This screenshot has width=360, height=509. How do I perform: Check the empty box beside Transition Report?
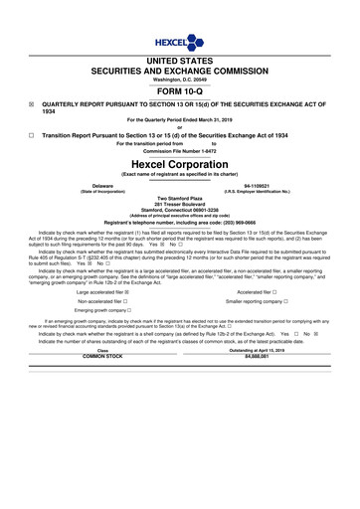coord(31,132)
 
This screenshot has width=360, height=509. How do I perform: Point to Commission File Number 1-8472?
coord(180,150)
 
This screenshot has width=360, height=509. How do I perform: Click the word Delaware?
coord(102,186)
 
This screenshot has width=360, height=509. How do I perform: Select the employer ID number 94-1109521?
coord(257,186)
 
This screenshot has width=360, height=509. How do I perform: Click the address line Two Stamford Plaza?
coord(180,199)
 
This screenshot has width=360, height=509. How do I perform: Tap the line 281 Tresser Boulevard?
coord(180,205)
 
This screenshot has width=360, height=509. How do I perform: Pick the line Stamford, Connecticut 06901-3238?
coord(180,211)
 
